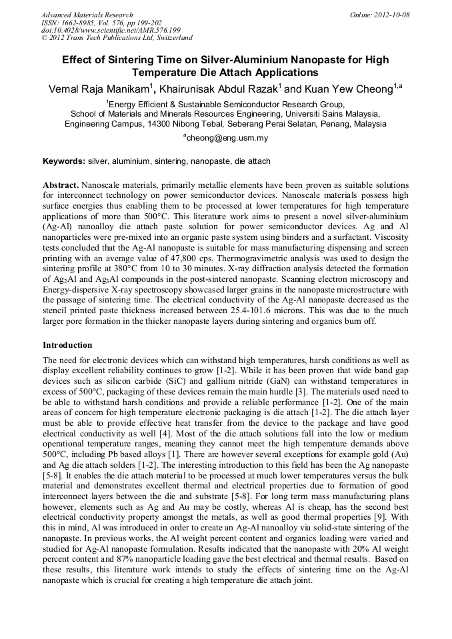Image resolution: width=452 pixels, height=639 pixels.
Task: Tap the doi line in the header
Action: click(x=111, y=30)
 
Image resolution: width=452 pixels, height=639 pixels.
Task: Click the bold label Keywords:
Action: click(x=64, y=161)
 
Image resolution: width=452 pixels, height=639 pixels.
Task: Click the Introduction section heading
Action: click(x=67, y=345)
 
